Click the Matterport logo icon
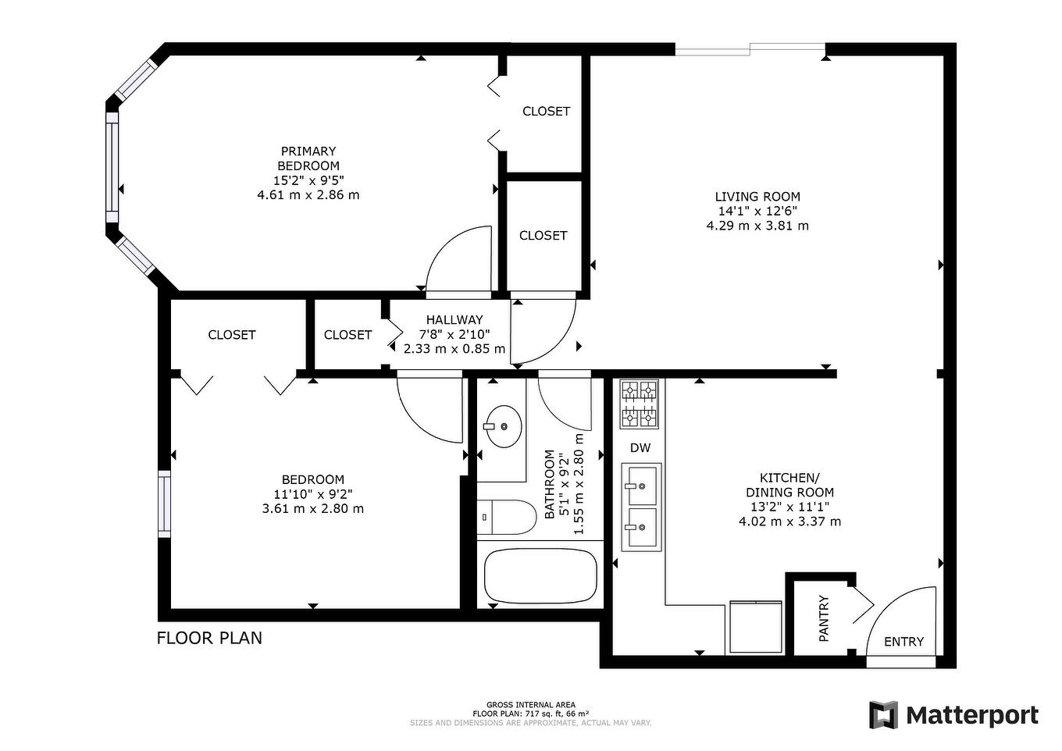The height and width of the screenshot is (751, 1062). [883, 715]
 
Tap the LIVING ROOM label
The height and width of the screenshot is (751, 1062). [757, 197]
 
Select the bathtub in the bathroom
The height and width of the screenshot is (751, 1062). [540, 576]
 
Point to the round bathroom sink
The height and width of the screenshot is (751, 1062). [504, 426]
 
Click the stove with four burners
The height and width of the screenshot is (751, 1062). [640, 404]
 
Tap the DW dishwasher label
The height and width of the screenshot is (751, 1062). [640, 448]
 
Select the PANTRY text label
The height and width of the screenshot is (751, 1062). [824, 618]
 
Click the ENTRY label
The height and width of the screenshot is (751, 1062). [903, 642]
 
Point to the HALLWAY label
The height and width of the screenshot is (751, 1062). [454, 320]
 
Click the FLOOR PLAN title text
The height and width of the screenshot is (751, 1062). [209, 638]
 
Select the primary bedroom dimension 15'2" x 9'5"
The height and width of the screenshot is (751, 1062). [308, 180]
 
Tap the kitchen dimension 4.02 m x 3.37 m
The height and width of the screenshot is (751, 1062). [789, 521]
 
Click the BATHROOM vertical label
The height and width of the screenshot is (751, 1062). [550, 484]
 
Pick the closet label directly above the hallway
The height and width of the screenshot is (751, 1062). [543, 235]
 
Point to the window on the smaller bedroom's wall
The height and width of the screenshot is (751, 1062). [164, 504]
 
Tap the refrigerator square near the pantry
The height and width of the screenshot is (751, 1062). [755, 627]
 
